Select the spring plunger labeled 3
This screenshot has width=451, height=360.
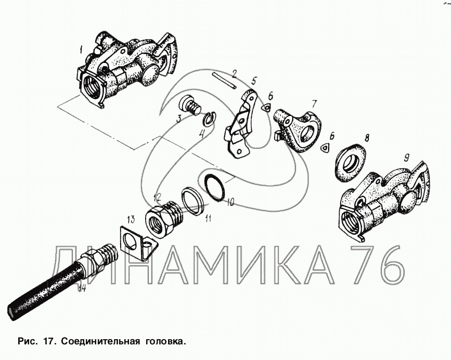pyautogui.click(x=190, y=105)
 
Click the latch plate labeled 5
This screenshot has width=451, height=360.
pyautogui.click(x=240, y=124)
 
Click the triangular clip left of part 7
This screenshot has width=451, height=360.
pyautogui.click(x=266, y=108)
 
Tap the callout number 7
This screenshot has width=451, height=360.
pyautogui.click(x=314, y=104)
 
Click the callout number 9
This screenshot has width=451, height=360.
pyautogui.click(x=406, y=158)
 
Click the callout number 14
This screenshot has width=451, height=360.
pyautogui.click(x=82, y=288)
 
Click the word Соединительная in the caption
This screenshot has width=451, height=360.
pyautogui.click(x=101, y=342)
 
